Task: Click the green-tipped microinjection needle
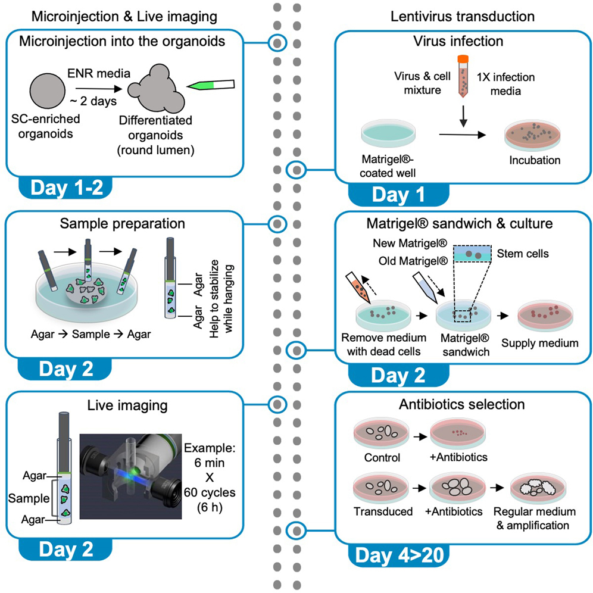208,86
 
